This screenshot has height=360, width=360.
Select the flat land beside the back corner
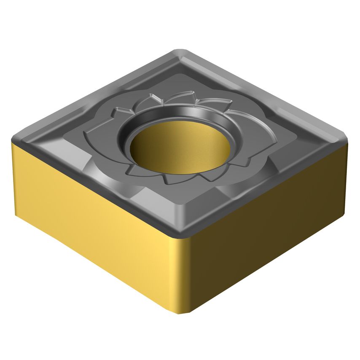179,67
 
